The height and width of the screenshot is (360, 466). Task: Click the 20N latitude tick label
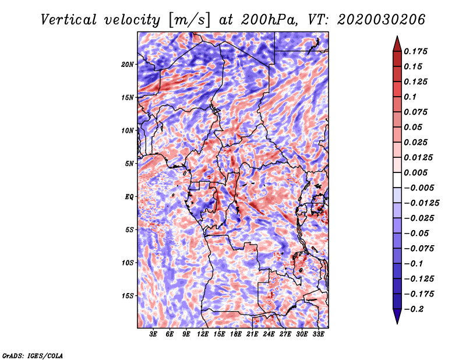[x=128, y=65]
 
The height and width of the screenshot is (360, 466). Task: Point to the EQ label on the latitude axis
[x=129, y=197]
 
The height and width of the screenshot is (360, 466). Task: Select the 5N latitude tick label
[x=129, y=164]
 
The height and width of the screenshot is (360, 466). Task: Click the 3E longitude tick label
[x=153, y=334]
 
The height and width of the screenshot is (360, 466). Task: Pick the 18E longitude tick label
[x=236, y=334]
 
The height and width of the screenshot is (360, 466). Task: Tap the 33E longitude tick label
[x=318, y=334]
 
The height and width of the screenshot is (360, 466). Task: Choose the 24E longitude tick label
[x=269, y=334]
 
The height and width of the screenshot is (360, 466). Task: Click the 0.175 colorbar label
[x=415, y=51]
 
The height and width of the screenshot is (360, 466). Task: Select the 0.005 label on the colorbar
[x=415, y=172]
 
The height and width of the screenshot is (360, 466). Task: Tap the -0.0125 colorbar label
[x=421, y=203]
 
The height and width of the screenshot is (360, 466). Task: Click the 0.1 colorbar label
[x=410, y=97]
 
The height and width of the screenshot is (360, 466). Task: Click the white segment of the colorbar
[x=397, y=180]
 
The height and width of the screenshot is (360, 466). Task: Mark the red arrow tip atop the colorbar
[x=397, y=36]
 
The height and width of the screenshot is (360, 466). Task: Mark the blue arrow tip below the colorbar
[x=397, y=323]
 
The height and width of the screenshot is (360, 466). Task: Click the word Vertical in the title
[x=69, y=20]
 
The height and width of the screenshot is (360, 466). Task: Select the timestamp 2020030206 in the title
[x=381, y=20]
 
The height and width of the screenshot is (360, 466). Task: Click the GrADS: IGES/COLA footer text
[x=33, y=356]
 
